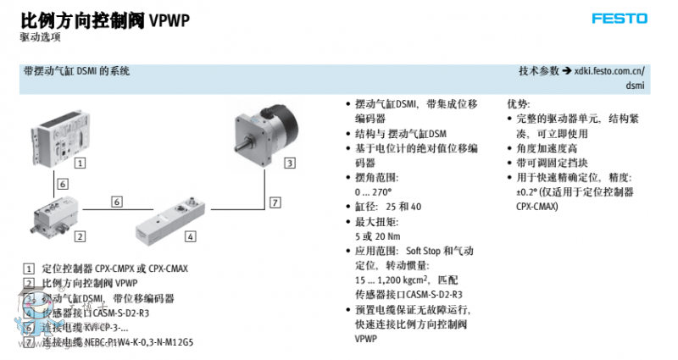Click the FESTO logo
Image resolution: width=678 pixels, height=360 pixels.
point(619,18)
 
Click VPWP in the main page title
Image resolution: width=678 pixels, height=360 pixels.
point(169,22)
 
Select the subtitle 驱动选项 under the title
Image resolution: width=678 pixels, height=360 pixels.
point(41,37)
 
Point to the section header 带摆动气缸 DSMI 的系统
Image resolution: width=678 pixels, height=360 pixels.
point(77,72)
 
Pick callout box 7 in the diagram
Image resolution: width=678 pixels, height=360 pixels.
point(275,202)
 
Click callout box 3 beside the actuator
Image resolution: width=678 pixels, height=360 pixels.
point(289,163)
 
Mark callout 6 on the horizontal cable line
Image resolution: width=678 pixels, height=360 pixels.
point(116,202)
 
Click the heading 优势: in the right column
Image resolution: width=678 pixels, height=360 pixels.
point(519,103)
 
